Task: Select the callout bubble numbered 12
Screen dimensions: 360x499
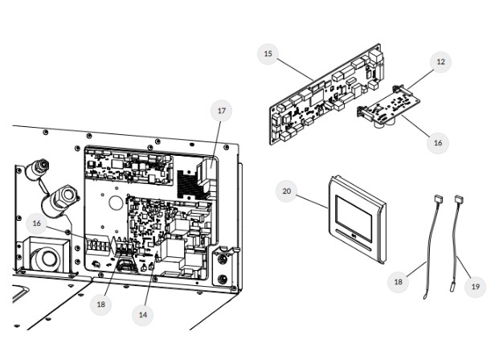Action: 440,61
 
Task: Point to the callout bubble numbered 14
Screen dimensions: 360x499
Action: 143,315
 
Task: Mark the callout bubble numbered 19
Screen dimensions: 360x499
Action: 475,286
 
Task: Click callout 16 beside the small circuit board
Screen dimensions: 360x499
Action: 438,142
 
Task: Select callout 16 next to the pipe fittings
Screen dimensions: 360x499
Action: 37,223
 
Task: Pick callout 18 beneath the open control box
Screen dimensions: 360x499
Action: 101,305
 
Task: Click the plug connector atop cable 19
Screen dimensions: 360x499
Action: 459,198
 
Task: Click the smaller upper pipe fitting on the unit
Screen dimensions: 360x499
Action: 37,170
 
